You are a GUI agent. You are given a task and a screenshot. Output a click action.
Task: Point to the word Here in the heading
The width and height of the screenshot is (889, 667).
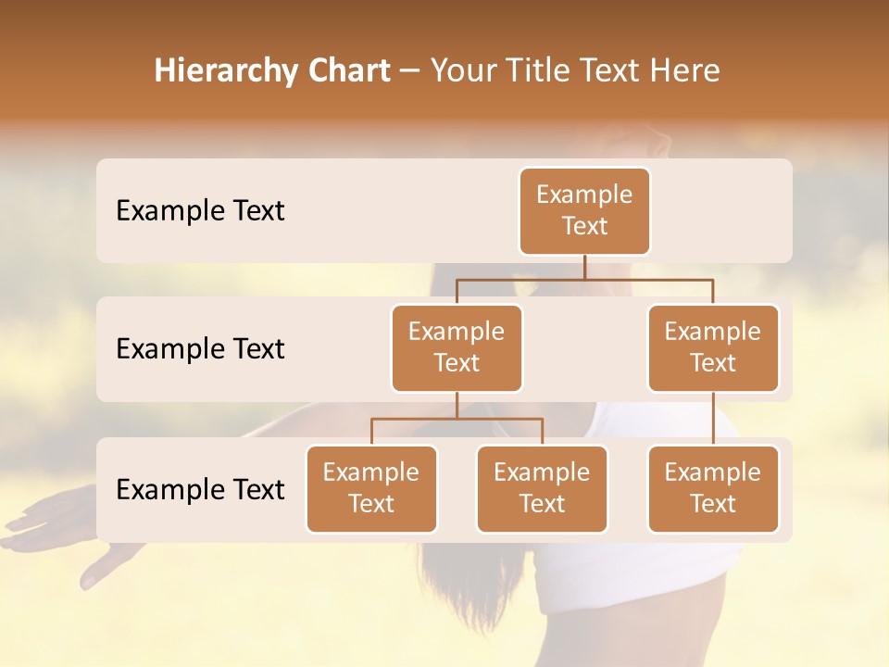pos(684,71)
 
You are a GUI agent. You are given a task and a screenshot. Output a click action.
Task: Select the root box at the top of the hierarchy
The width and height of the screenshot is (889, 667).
pos(584,210)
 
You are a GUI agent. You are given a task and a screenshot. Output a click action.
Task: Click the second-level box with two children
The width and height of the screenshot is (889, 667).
pos(457,347)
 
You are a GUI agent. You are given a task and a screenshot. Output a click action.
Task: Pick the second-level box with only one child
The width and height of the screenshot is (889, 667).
pos(713,347)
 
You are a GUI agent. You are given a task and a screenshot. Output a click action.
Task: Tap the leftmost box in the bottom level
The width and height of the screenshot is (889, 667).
pos(371,488)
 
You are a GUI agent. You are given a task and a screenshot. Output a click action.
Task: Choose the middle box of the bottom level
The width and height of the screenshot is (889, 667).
pos(542,488)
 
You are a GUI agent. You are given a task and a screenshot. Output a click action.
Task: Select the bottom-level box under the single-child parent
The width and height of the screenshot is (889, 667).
pos(713,488)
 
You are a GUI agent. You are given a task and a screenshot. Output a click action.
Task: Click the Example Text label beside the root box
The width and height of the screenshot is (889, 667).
pos(200,210)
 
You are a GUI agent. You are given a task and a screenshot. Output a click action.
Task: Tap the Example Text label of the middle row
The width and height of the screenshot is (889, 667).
pos(200,348)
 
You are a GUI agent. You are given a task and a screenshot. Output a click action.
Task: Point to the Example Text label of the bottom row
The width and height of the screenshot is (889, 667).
pos(200,489)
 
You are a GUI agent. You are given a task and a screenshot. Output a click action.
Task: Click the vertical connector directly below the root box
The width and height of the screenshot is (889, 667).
pos(584,267)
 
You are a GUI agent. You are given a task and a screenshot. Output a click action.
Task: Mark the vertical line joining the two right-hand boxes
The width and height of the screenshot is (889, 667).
pos(713,419)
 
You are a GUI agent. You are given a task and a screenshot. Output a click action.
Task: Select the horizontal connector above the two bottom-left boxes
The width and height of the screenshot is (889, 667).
pos(457,419)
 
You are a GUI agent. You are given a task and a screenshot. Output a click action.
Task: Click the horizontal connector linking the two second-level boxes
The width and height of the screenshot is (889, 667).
pos(584,279)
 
